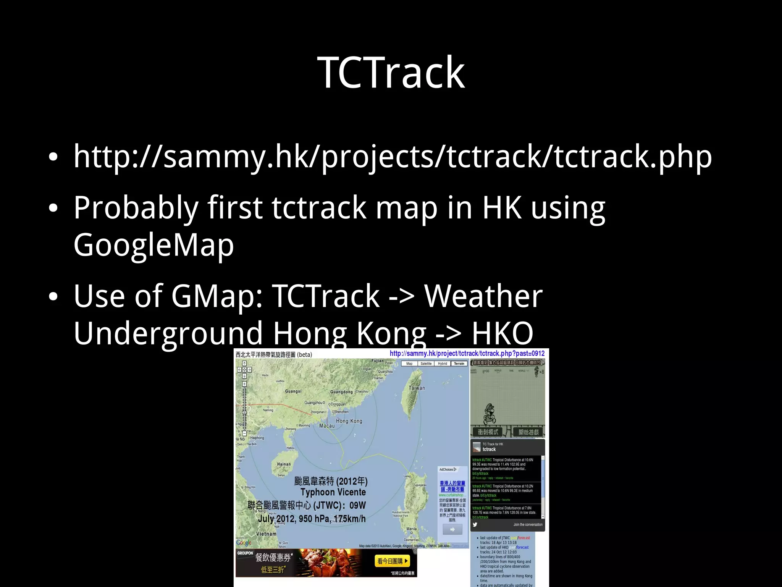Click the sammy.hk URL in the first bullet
pyautogui.click(x=393, y=157)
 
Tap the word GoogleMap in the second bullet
pyautogui.click(x=153, y=245)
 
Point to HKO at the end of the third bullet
pyautogui.click(x=502, y=333)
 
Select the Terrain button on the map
pyautogui.click(x=459, y=364)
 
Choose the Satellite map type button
pyautogui.click(x=426, y=364)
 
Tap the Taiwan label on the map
pyautogui.click(x=417, y=388)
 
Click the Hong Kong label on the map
pyautogui.click(x=349, y=421)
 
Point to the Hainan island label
pyautogui.click(x=284, y=464)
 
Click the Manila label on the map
pyautogui.click(x=412, y=529)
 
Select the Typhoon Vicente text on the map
pyautogui.click(x=333, y=492)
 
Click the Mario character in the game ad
pyautogui.click(x=490, y=414)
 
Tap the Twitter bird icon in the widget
pyautogui.click(x=475, y=524)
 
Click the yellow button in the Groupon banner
pyautogui.click(x=393, y=561)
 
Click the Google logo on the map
pyautogui.click(x=244, y=542)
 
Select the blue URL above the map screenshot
pyautogui.click(x=467, y=354)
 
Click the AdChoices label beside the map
pyautogui.click(x=448, y=469)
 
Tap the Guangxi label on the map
pyautogui.click(x=293, y=391)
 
